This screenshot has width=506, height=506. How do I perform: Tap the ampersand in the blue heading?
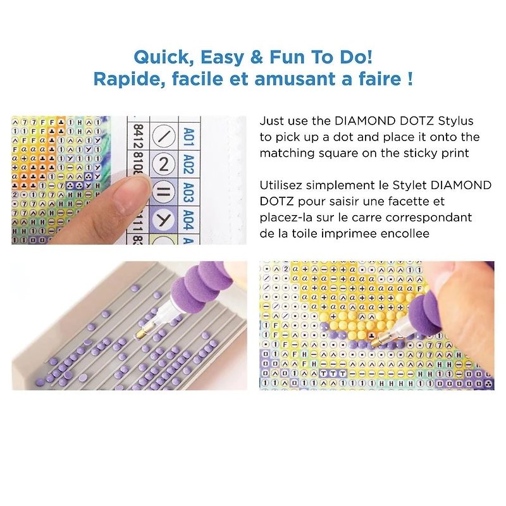tap(257, 57)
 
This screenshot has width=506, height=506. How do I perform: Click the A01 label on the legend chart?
tap(188, 137)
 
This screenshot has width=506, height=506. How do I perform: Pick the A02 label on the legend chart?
tap(188, 164)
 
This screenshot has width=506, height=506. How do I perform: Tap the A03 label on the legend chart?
tap(188, 192)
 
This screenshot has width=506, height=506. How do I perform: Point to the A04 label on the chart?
tap(188, 220)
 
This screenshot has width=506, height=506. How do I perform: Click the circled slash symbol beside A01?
tap(164, 136)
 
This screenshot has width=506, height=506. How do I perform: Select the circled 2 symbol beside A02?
tap(164, 164)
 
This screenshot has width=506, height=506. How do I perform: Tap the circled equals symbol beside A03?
tap(164, 192)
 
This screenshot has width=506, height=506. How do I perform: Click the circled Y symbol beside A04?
tap(164, 220)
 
